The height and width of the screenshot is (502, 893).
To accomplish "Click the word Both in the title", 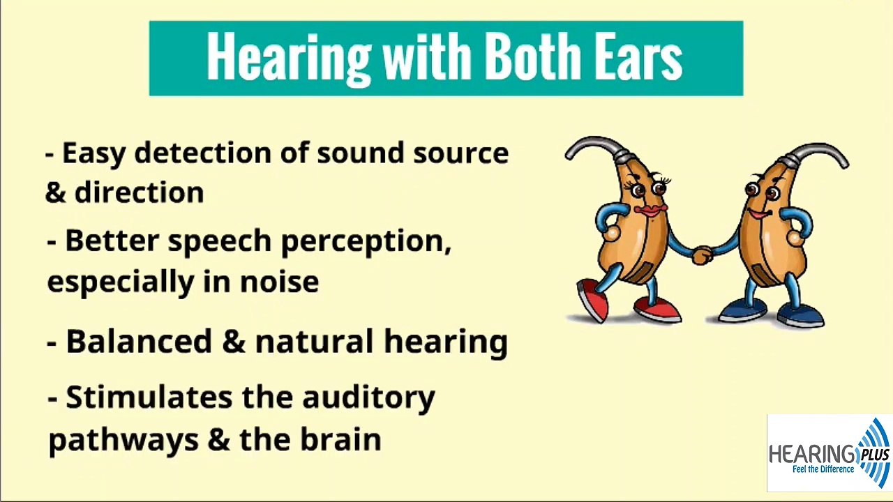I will (x=532, y=57).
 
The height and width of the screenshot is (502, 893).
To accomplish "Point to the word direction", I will (x=139, y=192).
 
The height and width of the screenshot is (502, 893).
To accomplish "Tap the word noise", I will (x=279, y=282).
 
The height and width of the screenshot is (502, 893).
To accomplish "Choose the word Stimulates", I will (x=149, y=397).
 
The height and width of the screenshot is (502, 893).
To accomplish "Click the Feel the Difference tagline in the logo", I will (x=823, y=469).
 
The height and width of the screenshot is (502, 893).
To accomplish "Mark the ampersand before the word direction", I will (x=55, y=193).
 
